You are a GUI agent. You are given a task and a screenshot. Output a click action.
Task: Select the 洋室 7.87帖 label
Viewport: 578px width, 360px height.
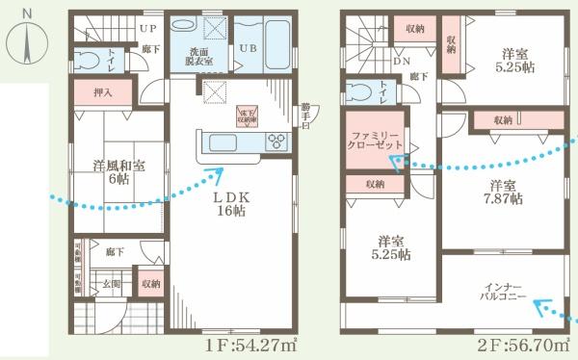(502, 191)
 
